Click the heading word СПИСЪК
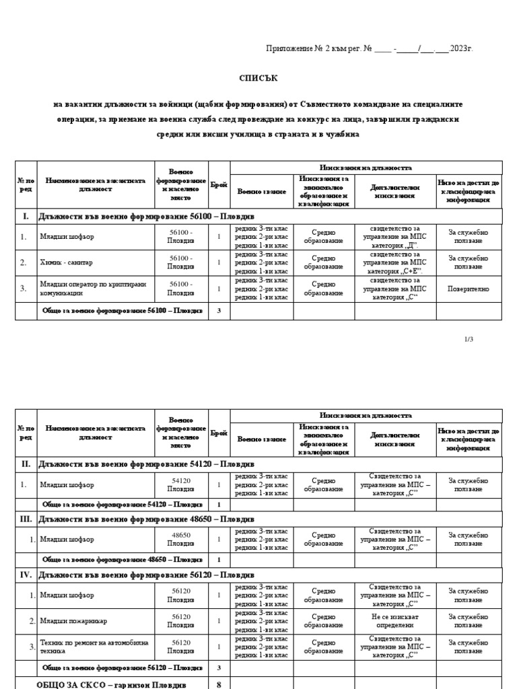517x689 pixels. (x=258, y=79)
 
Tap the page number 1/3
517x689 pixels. (x=469, y=339)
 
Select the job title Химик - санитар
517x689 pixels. (x=67, y=262)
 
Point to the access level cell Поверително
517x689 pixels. (x=469, y=289)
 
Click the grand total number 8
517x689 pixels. (x=219, y=684)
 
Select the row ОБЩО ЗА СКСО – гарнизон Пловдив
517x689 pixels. (x=111, y=684)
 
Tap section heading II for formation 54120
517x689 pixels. (x=135, y=465)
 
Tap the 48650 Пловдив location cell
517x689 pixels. (x=180, y=539)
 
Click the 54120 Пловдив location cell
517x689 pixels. (x=180, y=484)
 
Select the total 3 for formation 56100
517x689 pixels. (x=219, y=311)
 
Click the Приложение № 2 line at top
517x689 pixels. (x=370, y=49)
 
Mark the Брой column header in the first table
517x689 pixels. (x=219, y=185)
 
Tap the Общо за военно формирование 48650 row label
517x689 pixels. (x=120, y=559)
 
